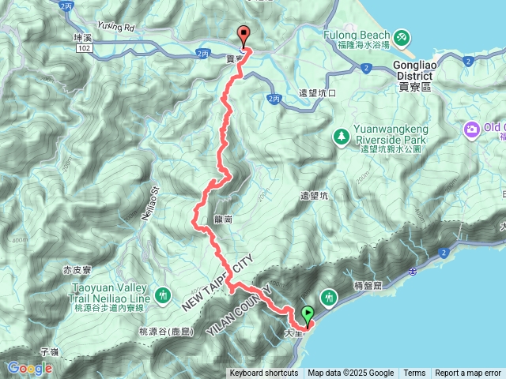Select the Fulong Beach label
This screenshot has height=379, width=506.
click(x=357, y=36)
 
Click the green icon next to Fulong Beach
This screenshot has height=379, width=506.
click(x=402, y=36)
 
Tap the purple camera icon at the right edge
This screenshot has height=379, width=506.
click(x=472, y=129)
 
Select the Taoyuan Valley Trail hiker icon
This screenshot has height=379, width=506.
click(x=163, y=295)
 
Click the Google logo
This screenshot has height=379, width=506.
click(x=29, y=368)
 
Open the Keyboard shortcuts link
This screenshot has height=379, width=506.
click(x=264, y=373)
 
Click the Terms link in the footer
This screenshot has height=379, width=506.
click(x=414, y=373)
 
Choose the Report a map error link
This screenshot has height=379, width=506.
click(x=468, y=373)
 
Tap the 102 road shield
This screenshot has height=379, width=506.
click(x=84, y=48)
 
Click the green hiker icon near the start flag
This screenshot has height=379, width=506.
click(x=331, y=297)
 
